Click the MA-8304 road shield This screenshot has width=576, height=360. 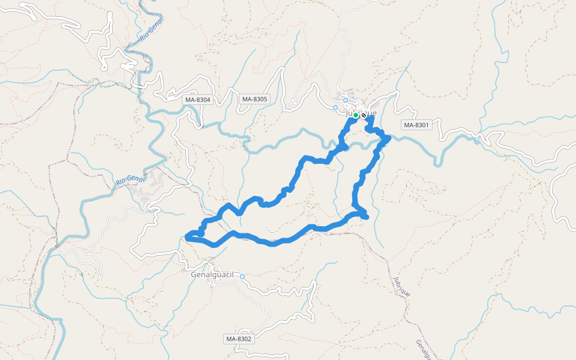(x=197, y=100)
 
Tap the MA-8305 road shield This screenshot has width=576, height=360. (x=254, y=99)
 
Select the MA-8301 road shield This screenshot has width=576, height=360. (x=416, y=125)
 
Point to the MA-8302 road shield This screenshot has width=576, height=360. (x=239, y=339)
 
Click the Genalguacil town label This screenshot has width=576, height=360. (x=211, y=274)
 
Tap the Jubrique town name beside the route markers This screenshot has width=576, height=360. (x=361, y=112)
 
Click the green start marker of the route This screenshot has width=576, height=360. (x=355, y=115)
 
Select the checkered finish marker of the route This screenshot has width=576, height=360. (x=364, y=115)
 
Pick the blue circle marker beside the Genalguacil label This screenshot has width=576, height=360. (x=242, y=277)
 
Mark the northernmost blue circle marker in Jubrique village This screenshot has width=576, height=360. (x=346, y=100)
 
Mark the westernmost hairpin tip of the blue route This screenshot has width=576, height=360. (x=188, y=238)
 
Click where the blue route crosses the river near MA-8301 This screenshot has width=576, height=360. (x=386, y=139)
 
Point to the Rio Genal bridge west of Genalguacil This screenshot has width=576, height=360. (x=57, y=246)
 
